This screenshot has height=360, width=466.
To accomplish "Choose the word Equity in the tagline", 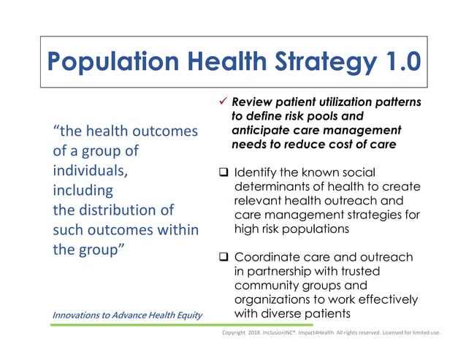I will tap(186, 315).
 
